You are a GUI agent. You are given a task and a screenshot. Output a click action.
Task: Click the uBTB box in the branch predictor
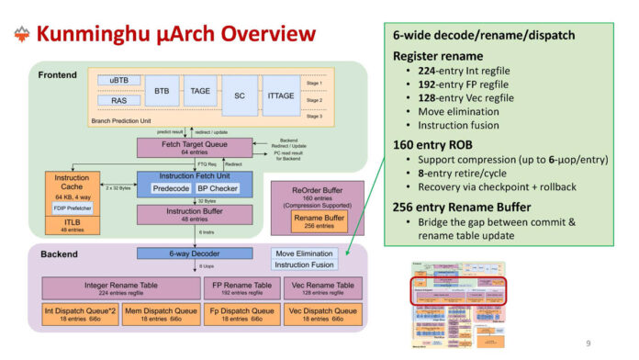click(119, 81)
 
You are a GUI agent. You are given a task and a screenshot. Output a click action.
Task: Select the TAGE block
click(199, 92)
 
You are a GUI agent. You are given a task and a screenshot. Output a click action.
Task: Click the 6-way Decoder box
click(180, 253)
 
